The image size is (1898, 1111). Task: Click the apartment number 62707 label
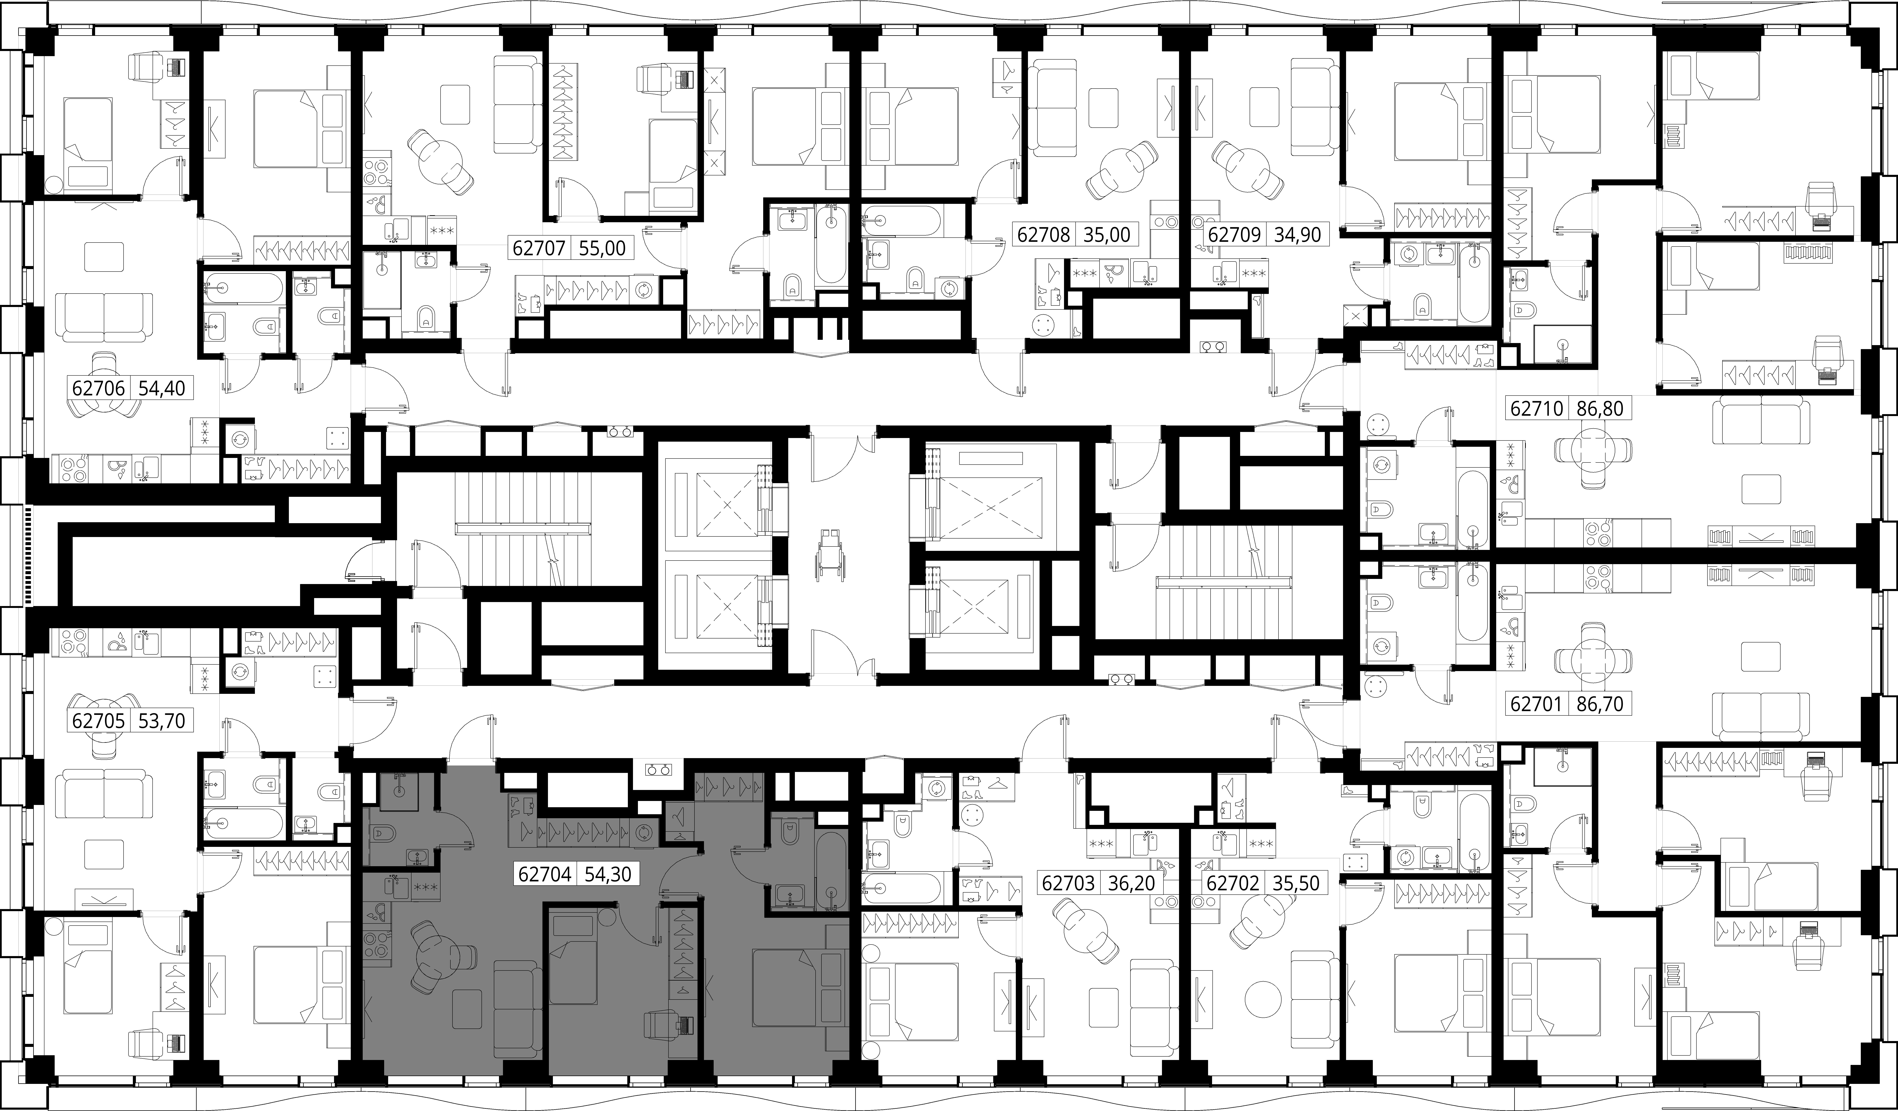539,248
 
